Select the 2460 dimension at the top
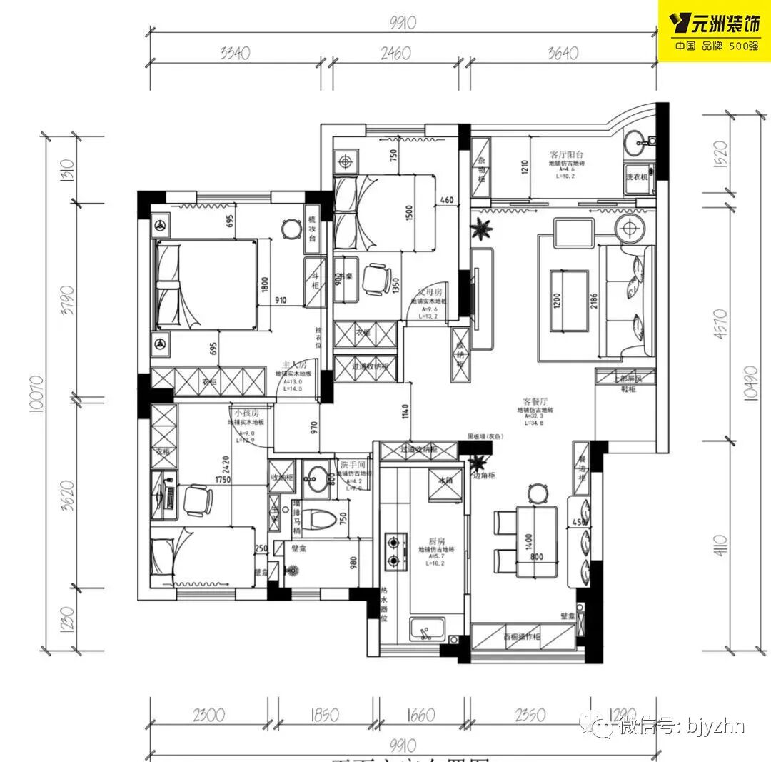pyautogui.click(x=400, y=52)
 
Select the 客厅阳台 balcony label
pyautogui.click(x=568, y=154)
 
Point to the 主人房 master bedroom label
pyautogui.click(x=294, y=364)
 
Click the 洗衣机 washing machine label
pyautogui.click(x=637, y=176)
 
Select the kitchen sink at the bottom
pyautogui.click(x=428, y=629)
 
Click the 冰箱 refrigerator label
pyautogui.click(x=445, y=481)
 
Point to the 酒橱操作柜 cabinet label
pyautogui.click(x=521, y=636)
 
